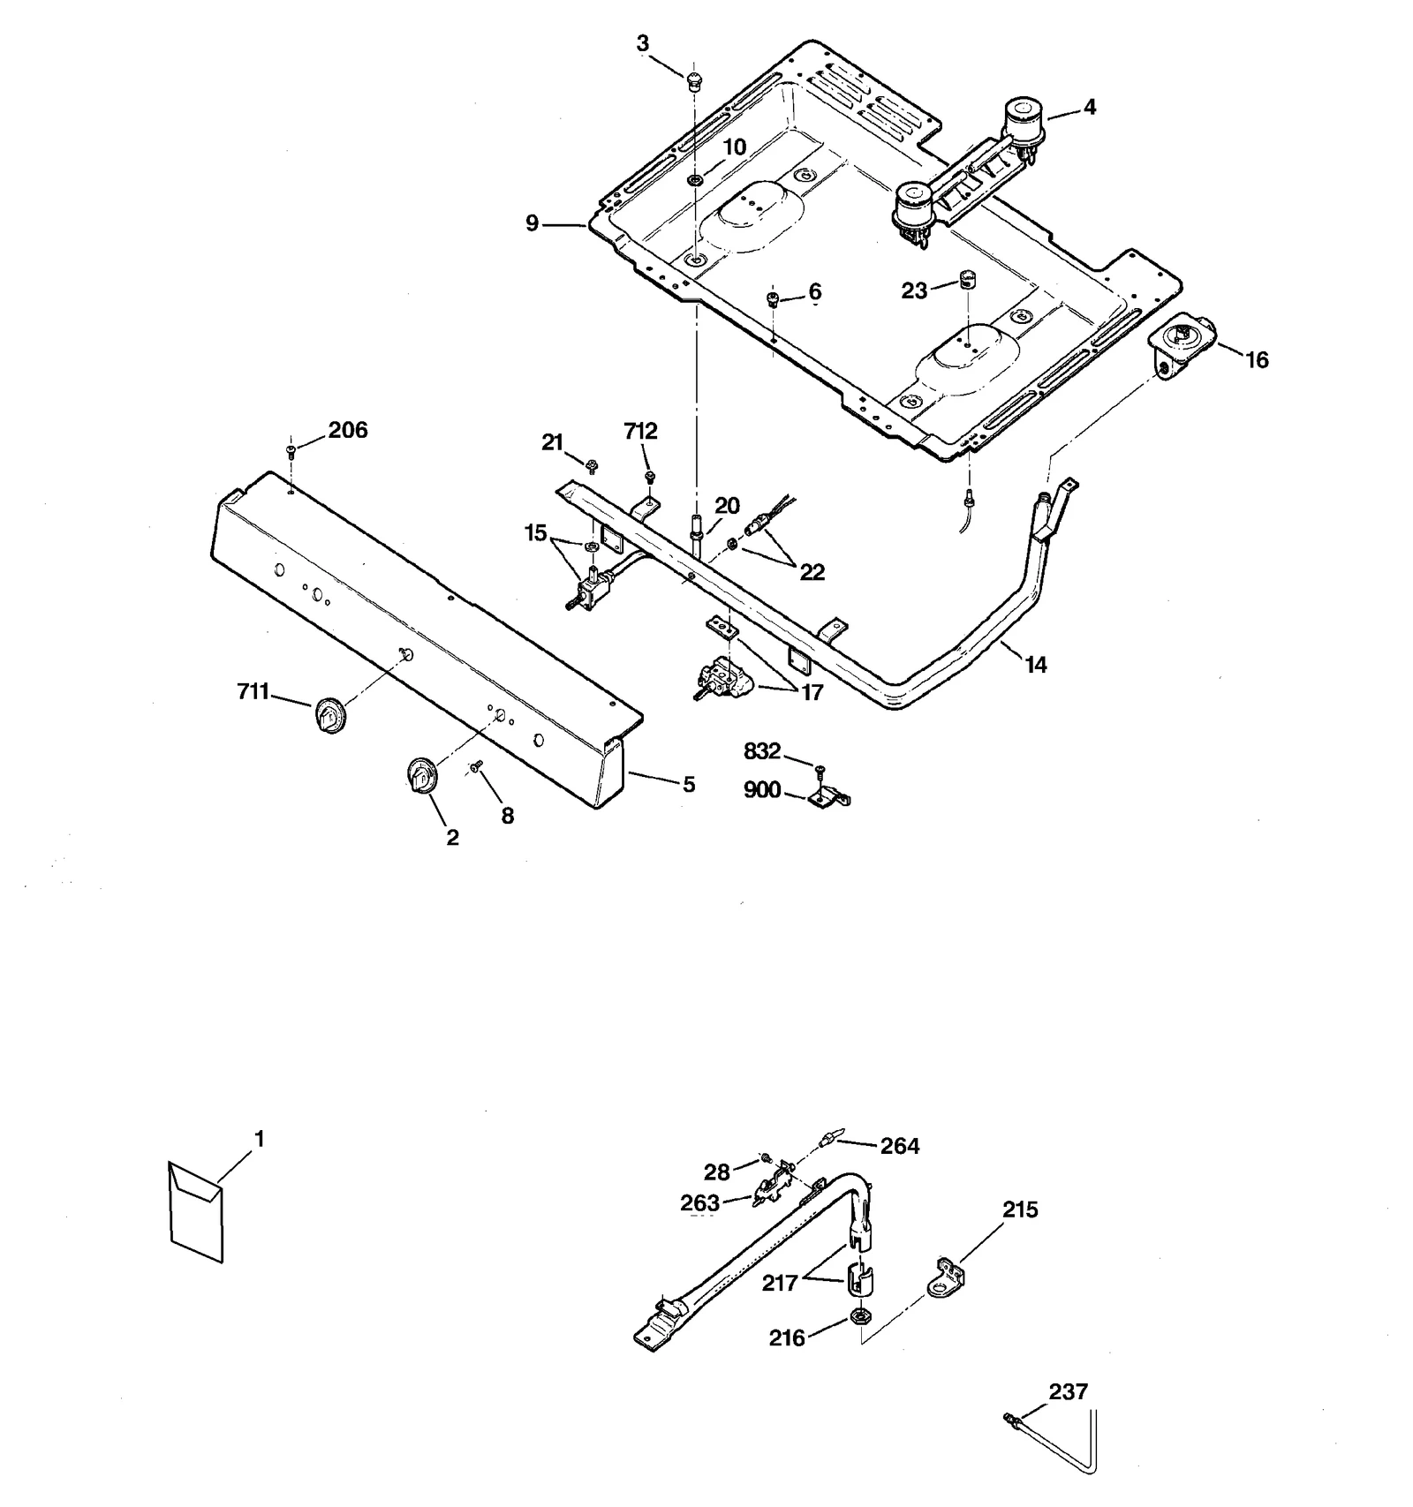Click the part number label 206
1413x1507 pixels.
point(348,431)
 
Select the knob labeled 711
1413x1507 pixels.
point(329,713)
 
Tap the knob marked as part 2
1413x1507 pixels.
point(423,776)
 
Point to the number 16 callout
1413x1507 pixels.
point(1256,360)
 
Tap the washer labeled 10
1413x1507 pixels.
point(695,181)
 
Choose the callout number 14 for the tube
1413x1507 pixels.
point(1035,665)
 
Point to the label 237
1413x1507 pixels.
point(1068,1392)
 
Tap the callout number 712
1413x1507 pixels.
point(640,432)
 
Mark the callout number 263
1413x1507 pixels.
point(700,1202)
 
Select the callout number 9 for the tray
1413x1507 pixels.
point(532,224)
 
